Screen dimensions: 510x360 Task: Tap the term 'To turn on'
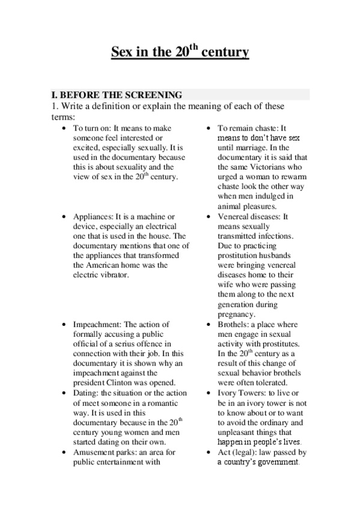click(x=89, y=129)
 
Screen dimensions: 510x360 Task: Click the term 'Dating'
click(x=85, y=392)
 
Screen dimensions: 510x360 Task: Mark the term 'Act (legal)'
click(x=239, y=451)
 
